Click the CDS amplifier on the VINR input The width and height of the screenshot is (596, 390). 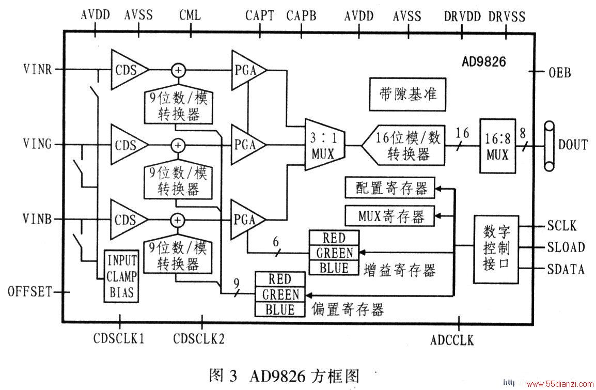129,70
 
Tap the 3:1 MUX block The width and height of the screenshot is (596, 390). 324,145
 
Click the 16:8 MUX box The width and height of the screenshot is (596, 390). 497,146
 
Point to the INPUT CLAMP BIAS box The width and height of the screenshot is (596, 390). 121,276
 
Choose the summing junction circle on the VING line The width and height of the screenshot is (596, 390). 178,145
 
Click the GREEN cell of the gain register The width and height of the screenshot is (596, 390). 334,253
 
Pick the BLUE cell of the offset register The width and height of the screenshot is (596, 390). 280,309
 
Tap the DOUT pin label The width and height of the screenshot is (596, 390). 572,145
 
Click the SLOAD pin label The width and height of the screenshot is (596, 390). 566,247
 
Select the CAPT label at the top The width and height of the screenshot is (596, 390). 260,15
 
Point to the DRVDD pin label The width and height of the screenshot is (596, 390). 463,17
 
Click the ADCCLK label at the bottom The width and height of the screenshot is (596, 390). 452,340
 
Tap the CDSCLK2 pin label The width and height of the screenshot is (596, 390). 199,338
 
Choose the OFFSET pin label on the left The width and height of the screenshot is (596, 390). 29,292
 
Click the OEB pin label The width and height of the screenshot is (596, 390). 560,72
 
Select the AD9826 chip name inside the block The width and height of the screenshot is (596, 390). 484,61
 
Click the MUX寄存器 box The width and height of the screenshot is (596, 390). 389,216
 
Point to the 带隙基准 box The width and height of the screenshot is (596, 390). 407,94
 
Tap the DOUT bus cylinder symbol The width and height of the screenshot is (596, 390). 549,146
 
